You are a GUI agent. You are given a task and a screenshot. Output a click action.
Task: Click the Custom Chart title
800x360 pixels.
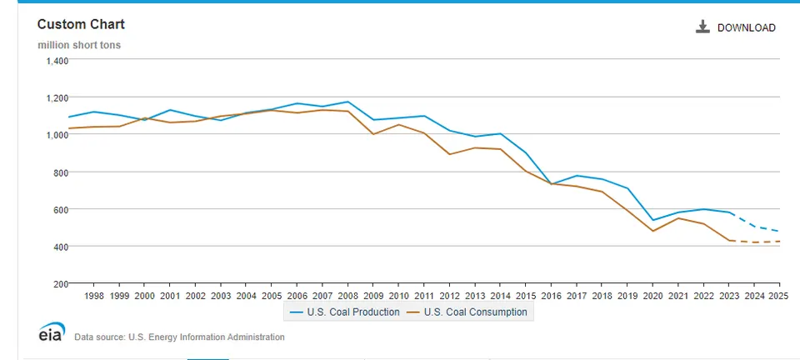point(81,24)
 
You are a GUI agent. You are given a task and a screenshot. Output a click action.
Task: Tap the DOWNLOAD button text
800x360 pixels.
point(747,28)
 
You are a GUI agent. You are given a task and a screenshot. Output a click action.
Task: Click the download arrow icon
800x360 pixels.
point(702,27)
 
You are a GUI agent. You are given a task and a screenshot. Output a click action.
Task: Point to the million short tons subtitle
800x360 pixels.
point(79,45)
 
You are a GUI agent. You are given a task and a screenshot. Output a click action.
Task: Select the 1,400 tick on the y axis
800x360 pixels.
point(57,61)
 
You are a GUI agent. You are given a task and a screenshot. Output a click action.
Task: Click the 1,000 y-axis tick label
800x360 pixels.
point(57,135)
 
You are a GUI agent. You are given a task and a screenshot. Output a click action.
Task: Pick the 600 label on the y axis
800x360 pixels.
point(61,209)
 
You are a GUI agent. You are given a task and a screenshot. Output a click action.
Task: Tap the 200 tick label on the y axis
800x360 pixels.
point(61,283)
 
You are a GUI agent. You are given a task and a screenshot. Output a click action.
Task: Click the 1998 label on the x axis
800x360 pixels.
point(94,296)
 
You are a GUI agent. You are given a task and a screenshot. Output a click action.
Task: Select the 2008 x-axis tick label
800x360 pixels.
point(347,296)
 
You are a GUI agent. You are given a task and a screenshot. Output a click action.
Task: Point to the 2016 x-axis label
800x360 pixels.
point(551,296)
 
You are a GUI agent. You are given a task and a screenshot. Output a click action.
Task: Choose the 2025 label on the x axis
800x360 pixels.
point(779,296)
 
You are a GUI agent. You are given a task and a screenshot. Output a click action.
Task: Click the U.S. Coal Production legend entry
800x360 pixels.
point(345,312)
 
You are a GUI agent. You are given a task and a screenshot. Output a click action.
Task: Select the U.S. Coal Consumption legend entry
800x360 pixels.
point(467,312)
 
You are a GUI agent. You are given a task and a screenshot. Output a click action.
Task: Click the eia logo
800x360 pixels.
point(52,332)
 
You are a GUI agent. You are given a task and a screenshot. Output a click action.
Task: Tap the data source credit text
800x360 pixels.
point(180,337)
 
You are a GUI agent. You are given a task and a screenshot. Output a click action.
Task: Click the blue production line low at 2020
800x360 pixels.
point(652,220)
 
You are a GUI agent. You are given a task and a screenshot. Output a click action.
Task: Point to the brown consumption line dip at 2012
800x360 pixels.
point(449,154)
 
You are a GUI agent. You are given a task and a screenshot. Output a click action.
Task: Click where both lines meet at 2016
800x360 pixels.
point(551,183)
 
